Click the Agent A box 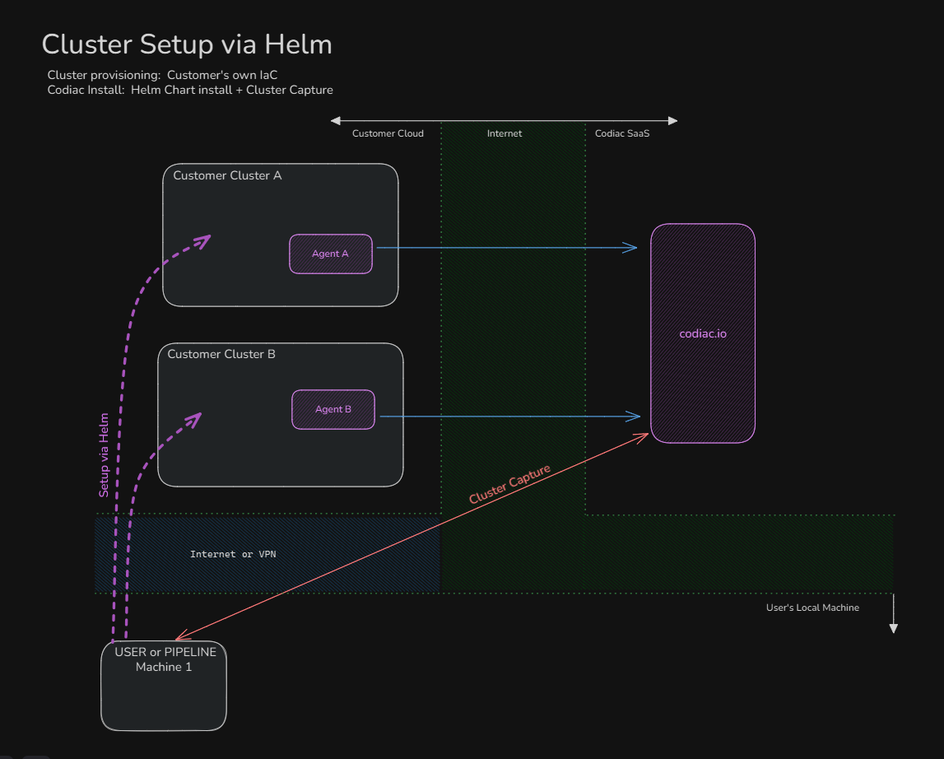pos(331,254)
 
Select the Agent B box pos(333,409)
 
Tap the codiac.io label pos(703,334)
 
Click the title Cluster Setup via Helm pos(187,44)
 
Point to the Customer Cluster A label pos(227,175)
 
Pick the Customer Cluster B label pos(221,354)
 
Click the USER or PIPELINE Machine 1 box pos(164,685)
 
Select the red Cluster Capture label pos(509,485)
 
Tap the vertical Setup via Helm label pos(105,454)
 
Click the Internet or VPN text pos(233,554)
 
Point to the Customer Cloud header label pos(388,133)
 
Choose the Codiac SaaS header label pos(622,133)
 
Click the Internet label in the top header pos(505,133)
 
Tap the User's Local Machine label pos(812,608)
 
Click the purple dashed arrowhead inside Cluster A pos(205,239)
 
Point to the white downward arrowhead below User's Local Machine pos(893,628)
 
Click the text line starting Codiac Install pos(190,90)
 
